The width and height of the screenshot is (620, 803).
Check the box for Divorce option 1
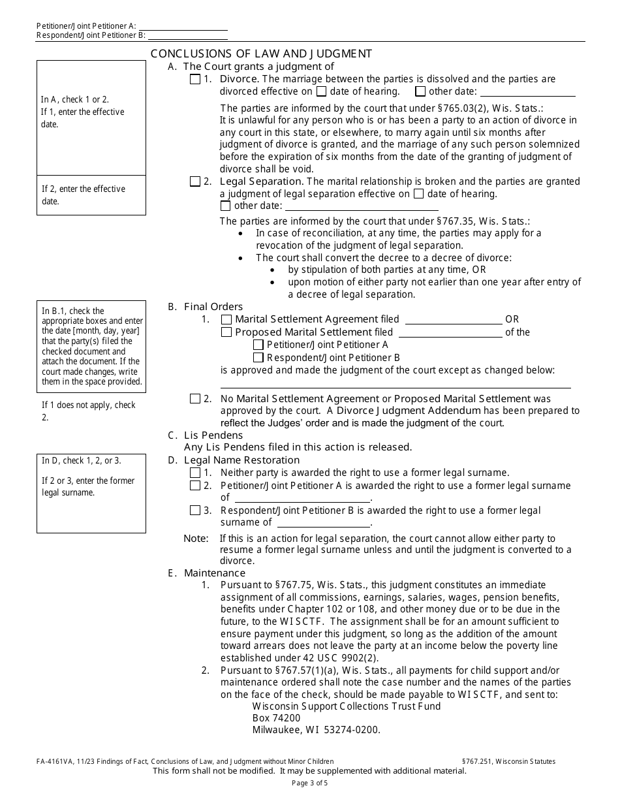click(195, 80)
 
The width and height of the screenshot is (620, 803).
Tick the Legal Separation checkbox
click(195, 181)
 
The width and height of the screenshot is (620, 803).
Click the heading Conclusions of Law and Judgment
click(261, 54)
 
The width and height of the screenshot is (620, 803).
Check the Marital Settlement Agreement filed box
click(226, 320)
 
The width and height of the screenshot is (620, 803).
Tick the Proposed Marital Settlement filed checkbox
click(226, 332)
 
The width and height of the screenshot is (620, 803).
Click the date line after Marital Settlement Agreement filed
click(454, 320)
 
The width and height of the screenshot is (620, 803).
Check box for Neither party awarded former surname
click(195, 473)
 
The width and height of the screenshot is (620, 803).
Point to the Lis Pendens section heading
click(213, 435)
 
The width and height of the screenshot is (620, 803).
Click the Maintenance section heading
click(214, 573)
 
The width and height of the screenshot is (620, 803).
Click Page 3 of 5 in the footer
click(309, 783)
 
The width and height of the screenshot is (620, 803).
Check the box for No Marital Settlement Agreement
click(195, 398)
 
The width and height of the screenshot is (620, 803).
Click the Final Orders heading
click(213, 307)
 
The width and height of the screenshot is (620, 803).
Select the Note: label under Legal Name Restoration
click(196, 539)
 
